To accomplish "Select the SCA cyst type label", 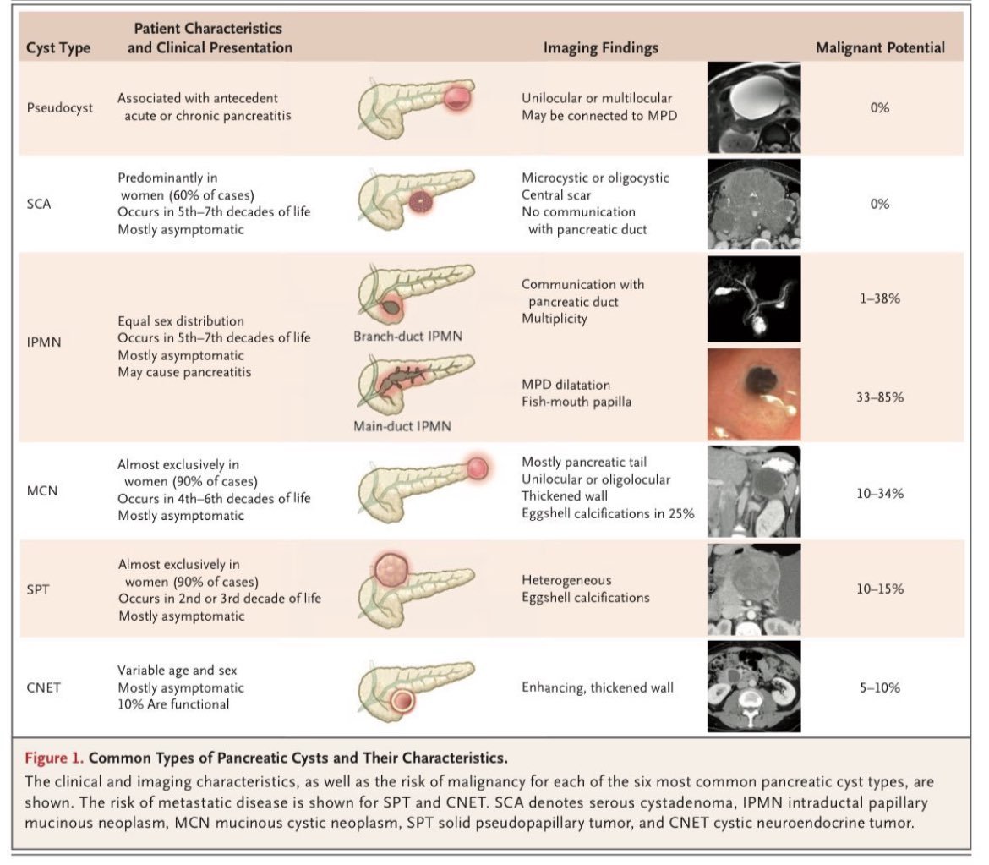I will click(40, 203).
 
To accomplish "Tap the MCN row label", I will click(41, 490).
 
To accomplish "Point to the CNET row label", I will click(44, 687).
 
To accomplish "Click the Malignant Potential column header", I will click(880, 48).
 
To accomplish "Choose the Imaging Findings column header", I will click(600, 48).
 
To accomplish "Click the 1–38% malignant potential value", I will click(879, 298).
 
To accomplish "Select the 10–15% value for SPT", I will click(879, 588).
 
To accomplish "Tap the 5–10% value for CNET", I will click(879, 687).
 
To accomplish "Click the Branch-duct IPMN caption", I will click(407, 337).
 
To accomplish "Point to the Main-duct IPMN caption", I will click(402, 425).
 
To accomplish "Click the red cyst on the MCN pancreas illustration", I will click(477, 466).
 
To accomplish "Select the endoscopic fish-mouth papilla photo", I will click(752, 395).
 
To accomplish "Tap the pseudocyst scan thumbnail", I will click(752, 108).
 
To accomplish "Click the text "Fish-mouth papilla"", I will click(576, 402).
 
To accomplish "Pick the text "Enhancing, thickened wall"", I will click(598, 687).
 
